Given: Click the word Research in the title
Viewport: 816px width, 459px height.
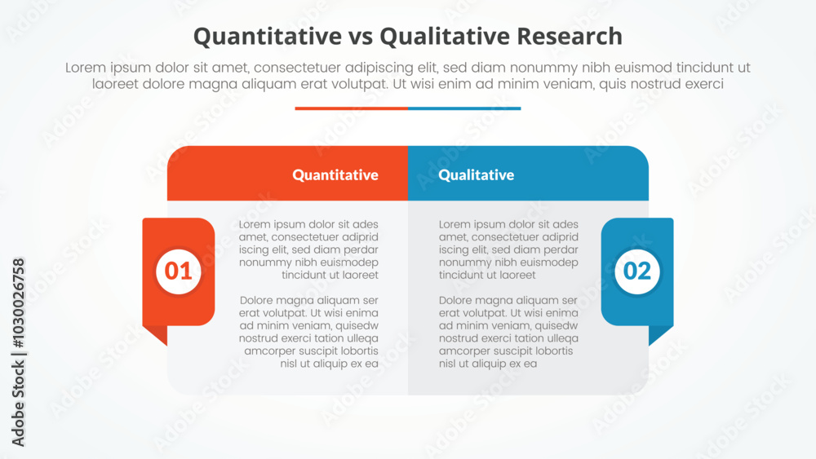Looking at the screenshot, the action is [570, 37].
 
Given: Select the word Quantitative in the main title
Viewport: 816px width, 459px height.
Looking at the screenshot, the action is [268, 37].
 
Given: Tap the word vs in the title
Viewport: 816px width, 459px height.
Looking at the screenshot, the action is [361, 38].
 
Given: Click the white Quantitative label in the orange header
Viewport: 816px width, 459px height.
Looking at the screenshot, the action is [335, 174].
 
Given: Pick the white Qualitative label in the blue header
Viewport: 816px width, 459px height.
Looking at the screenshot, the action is [477, 174].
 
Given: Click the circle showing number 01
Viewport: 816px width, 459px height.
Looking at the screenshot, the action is [178, 271].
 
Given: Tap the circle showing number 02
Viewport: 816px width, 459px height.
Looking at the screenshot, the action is [637, 271].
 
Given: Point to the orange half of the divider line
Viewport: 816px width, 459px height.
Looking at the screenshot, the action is [351, 108].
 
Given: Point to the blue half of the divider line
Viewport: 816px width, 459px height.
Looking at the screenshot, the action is [464, 108].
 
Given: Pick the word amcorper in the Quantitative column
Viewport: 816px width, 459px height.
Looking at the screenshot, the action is [269, 351].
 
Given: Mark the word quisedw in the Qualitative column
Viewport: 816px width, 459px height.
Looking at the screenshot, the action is [557, 326].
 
